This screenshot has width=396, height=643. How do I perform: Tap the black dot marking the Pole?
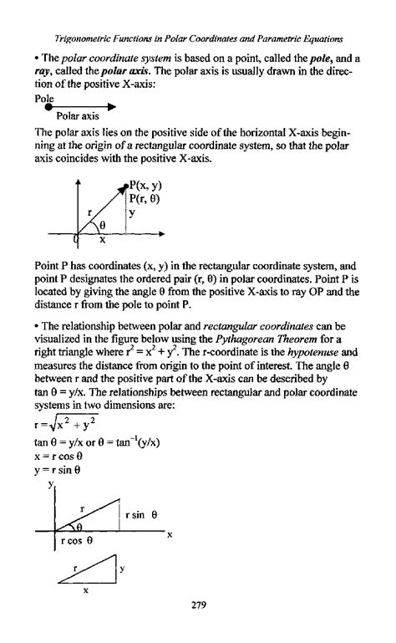coord(48,106)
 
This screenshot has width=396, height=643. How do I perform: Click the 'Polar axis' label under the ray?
coord(78,116)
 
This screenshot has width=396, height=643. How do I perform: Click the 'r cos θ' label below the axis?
coord(77,540)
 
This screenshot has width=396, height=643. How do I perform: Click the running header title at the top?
coord(198,39)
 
